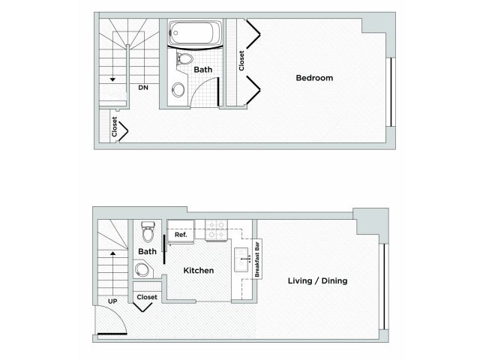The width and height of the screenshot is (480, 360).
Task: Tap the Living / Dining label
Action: (316, 281)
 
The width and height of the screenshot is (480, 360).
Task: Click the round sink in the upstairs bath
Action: (178, 90)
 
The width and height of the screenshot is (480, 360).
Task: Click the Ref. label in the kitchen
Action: (180, 235)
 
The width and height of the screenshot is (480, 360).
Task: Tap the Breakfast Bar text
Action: (257, 259)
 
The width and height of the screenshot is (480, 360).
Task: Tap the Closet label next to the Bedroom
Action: (241, 61)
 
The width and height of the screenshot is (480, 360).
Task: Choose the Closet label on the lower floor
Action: (147, 297)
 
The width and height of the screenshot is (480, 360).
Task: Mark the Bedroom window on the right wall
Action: (390, 91)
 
